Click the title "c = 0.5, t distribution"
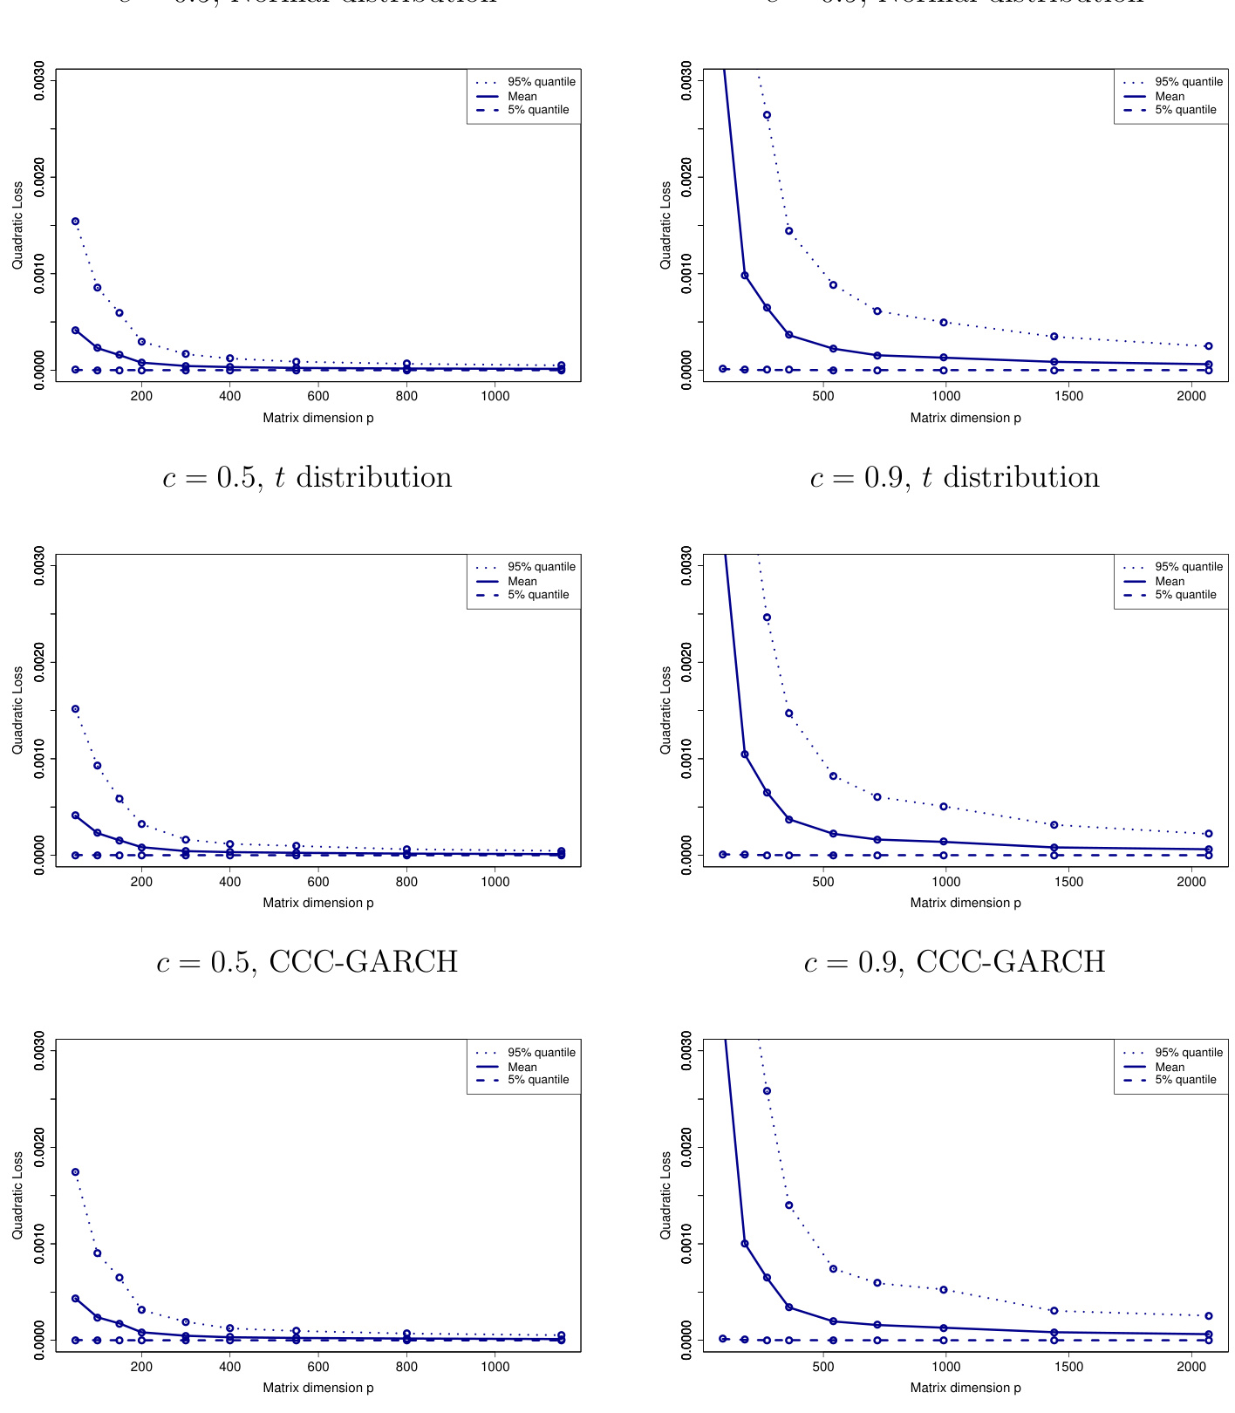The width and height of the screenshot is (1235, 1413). click(307, 478)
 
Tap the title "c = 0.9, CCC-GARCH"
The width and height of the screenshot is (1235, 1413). click(954, 962)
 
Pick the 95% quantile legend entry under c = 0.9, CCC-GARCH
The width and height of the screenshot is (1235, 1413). click(1188, 1053)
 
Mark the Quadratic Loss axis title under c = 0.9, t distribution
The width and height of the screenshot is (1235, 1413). click(665, 710)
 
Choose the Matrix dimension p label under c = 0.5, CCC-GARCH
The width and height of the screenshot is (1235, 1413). click(318, 1388)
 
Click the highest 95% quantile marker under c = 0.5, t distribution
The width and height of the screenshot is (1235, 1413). click(76, 709)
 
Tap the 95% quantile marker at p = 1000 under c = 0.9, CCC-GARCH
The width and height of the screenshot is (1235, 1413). click(944, 1289)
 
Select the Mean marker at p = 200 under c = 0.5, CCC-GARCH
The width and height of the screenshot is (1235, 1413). click(141, 1333)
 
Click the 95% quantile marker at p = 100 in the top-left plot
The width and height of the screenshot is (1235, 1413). click(98, 288)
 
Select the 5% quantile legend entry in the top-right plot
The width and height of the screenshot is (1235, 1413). click(1185, 110)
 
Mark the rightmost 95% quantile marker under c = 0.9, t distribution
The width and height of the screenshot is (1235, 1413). click(1208, 834)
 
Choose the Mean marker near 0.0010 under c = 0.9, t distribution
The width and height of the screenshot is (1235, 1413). click(745, 754)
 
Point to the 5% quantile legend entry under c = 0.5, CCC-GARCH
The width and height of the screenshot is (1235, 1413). click(537, 1080)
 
